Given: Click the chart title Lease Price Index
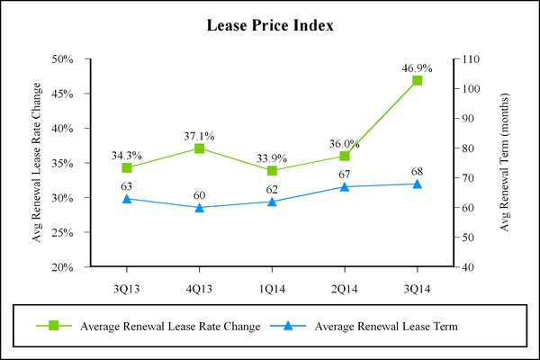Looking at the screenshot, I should coord(271,26).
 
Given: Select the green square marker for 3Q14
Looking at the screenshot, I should coord(417,80).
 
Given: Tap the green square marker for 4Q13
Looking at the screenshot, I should coord(199,148).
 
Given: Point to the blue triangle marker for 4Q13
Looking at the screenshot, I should coord(199,207).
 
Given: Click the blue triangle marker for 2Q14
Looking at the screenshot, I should coord(344,186).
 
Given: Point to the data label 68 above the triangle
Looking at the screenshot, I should coord(417,171).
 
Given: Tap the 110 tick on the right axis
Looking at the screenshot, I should coord(470,59).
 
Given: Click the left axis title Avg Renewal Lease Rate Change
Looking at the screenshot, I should coord(37,163).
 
